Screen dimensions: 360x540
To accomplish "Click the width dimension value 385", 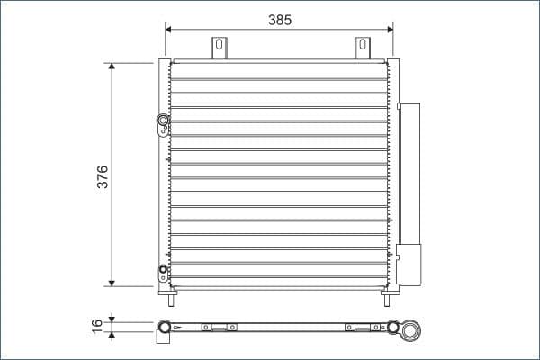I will [279, 19].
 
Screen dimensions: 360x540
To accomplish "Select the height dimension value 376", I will [103, 175].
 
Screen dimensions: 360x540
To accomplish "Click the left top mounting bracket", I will [219, 48].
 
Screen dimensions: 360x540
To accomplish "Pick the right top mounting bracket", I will [362, 48].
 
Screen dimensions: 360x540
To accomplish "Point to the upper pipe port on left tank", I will [163, 121].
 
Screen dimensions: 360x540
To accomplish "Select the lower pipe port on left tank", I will [163, 269].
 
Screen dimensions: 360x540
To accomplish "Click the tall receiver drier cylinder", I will [410, 171].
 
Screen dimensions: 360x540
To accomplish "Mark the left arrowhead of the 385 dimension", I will [170, 29].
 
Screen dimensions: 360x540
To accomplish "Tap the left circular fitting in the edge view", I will [165, 327].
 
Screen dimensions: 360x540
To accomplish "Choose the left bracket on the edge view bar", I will [219, 327].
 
